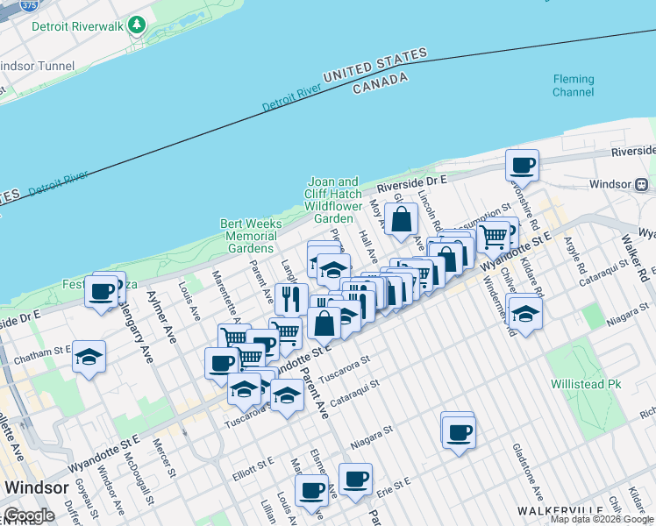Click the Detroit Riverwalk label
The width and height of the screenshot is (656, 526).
[77, 26]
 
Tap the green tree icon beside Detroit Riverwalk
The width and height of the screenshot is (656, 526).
[136, 25]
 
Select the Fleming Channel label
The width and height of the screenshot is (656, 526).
[573, 85]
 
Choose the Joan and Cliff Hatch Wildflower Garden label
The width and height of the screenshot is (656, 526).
[332, 200]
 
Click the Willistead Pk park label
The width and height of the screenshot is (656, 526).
[585, 384]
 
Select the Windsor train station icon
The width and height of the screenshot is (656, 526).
[641, 184]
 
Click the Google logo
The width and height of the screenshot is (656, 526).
[28, 515]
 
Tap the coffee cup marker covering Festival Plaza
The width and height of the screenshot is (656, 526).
[102, 289]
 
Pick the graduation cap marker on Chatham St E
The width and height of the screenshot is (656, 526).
[89, 356]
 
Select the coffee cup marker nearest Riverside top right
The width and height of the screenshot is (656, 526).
[523, 164]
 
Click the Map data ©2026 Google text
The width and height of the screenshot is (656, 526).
[601, 519]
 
